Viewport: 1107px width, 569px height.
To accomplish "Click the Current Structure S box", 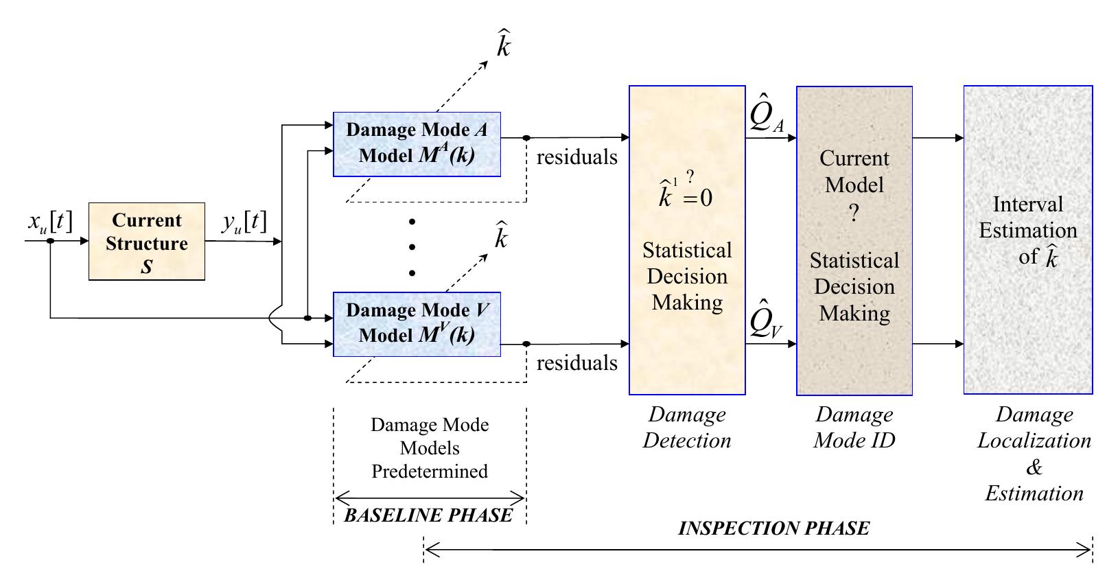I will [147, 242].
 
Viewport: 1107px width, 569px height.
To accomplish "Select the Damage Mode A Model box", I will [417, 143].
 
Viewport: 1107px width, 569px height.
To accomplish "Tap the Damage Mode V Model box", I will [417, 323].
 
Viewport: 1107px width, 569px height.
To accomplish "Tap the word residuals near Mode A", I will [576, 157].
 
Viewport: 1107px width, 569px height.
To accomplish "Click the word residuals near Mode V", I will [576, 362].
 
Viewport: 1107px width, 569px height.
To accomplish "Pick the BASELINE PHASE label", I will [428, 515].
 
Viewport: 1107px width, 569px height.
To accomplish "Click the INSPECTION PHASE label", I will [773, 529].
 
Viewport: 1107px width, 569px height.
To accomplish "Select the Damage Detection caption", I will [687, 427].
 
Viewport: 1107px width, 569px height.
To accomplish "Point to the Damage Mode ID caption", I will [854, 427].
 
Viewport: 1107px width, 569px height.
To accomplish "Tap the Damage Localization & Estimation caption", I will [1034, 453].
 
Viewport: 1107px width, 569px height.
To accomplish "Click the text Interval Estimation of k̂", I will [1027, 231].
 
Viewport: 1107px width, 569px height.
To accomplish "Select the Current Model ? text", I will [854, 185].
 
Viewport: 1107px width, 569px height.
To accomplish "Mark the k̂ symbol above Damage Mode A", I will [503, 45].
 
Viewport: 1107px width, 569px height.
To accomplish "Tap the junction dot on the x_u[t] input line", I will [51, 242].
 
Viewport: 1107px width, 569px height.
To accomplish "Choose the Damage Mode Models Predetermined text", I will [430, 448].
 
